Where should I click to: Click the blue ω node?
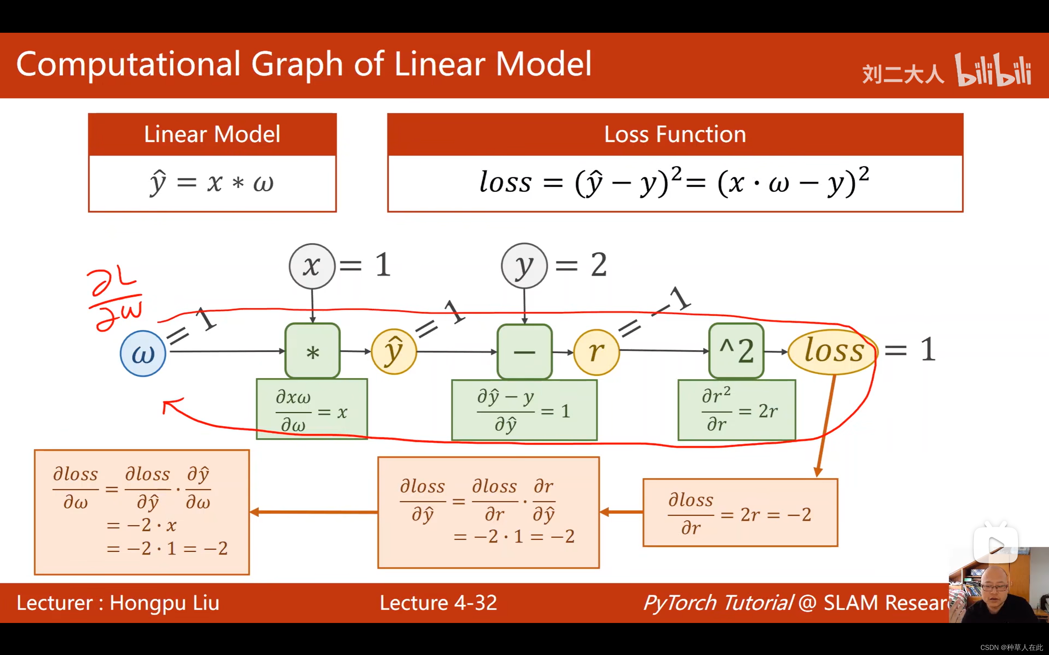[143, 353]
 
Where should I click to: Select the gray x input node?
[312, 266]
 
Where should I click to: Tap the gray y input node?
[524, 266]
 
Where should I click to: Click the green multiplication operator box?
[312, 351]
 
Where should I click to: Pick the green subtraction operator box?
[524, 351]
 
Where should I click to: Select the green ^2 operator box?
[736, 351]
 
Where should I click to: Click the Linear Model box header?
[212, 134]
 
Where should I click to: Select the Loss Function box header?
[675, 134]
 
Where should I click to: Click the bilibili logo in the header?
[993, 70]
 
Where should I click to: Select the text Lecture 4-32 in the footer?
[438, 603]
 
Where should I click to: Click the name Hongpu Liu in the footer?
[164, 603]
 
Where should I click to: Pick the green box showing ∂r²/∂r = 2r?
[736, 410]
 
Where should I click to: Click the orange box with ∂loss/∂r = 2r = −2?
[740, 512]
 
